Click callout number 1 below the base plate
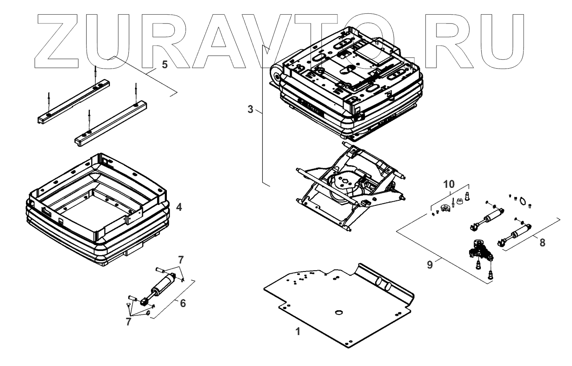(298, 331)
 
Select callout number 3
(250, 109)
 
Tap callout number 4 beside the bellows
(179, 207)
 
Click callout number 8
(542, 242)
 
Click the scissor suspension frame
(351, 184)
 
